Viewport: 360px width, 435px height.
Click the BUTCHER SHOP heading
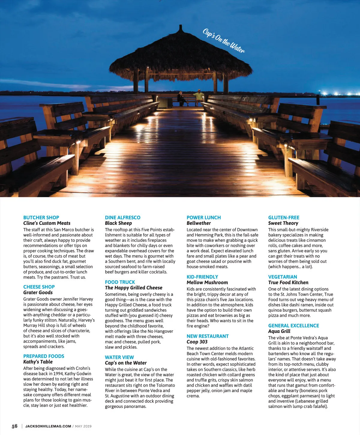coord(41,217)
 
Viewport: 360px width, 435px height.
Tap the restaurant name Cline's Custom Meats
coord(47,223)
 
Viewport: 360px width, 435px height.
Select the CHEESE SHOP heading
coord(39,287)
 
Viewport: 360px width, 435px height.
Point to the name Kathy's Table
coord(38,362)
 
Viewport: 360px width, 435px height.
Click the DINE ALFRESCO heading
coord(122,217)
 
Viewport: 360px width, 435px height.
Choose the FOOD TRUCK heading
coord(120,282)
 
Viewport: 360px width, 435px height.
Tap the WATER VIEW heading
coord(119,357)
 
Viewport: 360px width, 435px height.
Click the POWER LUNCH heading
coord(203,217)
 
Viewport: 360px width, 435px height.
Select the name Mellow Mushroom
coord(207,283)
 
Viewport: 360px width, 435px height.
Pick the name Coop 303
coord(197,342)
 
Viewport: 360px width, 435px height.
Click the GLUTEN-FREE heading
coord(283,217)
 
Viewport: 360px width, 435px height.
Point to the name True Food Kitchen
coord(288,283)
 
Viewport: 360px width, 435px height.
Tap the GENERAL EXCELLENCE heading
coord(293,325)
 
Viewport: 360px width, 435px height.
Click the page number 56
coord(14,426)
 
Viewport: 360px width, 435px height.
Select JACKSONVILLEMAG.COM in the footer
coord(48,426)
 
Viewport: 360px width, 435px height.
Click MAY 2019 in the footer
coord(83,426)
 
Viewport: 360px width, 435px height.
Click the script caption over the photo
coord(224,41)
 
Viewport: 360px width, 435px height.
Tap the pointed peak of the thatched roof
coord(180,26)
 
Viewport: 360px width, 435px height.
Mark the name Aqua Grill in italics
coord(279,331)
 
